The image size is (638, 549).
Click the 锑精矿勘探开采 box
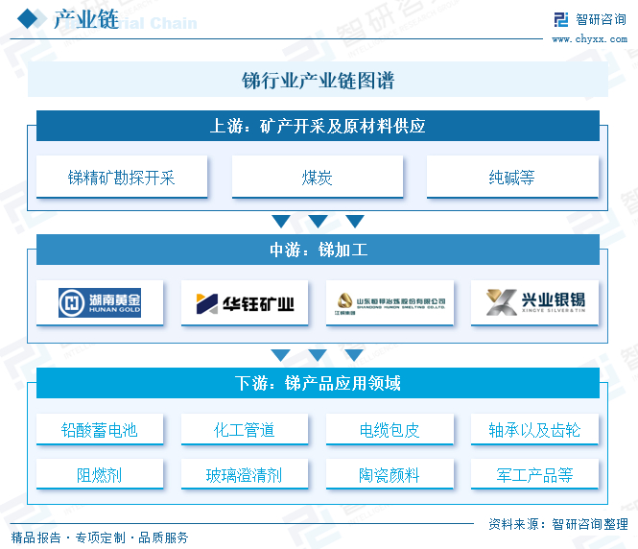pyautogui.click(x=122, y=178)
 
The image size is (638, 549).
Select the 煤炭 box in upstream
pyautogui.click(x=318, y=178)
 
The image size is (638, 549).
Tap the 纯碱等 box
pyautogui.click(x=512, y=178)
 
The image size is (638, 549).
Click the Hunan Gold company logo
pyautogui.click(x=100, y=303)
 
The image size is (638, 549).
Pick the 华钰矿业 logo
pyautogui.click(x=246, y=303)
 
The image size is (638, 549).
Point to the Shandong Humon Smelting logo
pyautogui.click(x=390, y=303)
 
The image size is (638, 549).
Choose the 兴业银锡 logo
pyautogui.click(x=535, y=303)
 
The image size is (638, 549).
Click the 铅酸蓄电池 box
pyautogui.click(x=100, y=430)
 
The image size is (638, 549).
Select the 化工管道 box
pyautogui.click(x=245, y=430)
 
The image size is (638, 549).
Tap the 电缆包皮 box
pyautogui.click(x=390, y=430)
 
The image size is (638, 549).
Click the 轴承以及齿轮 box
pyautogui.click(x=535, y=430)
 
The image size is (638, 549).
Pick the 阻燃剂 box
pyautogui.click(x=100, y=475)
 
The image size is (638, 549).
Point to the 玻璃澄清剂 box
pyautogui.click(x=245, y=475)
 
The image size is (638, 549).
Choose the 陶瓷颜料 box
pyautogui.click(x=390, y=475)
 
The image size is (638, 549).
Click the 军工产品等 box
pyautogui.click(x=535, y=475)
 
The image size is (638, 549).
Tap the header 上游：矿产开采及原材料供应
pyautogui.click(x=318, y=126)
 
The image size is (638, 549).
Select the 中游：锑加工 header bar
pyautogui.click(x=318, y=251)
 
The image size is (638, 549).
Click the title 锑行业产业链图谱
pyautogui.click(x=318, y=81)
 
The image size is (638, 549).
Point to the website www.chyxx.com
pyautogui.click(x=590, y=38)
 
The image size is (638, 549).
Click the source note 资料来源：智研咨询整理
pyautogui.click(x=558, y=524)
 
